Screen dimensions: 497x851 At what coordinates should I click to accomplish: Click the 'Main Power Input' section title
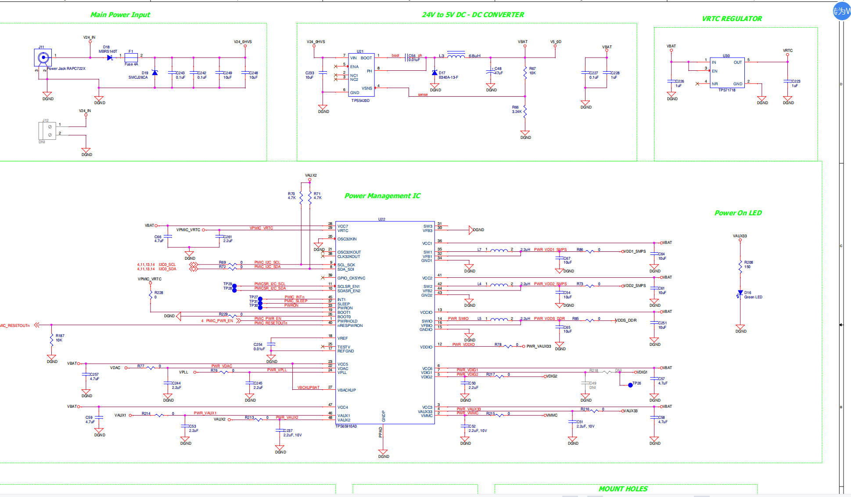(x=120, y=15)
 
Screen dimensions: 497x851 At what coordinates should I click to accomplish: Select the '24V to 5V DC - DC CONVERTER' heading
(x=473, y=15)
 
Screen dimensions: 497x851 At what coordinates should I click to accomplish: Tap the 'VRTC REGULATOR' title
(x=732, y=19)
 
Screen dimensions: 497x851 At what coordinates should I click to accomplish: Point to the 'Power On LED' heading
(x=738, y=213)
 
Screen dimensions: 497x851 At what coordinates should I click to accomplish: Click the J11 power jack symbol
(x=43, y=58)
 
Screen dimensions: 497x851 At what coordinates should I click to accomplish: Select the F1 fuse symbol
(x=131, y=58)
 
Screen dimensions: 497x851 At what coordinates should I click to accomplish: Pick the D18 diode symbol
(x=110, y=58)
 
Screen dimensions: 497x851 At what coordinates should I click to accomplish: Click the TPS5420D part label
(x=360, y=101)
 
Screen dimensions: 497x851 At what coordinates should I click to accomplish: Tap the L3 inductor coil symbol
(x=456, y=56)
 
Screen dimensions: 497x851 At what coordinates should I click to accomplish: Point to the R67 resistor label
(x=532, y=69)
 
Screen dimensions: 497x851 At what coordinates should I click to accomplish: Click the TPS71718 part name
(x=726, y=90)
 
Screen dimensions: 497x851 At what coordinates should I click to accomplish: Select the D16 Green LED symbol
(x=740, y=294)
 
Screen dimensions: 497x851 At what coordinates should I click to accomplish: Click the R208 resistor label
(x=748, y=262)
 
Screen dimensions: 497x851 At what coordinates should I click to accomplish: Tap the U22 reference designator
(x=381, y=219)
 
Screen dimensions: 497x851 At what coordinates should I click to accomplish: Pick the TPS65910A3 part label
(x=346, y=426)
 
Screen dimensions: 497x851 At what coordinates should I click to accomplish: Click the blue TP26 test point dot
(x=630, y=385)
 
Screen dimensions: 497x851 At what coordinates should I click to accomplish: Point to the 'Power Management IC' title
(x=382, y=196)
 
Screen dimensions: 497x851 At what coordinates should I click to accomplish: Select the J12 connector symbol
(x=47, y=131)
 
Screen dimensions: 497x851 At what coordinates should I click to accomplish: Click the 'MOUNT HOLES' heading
(x=623, y=489)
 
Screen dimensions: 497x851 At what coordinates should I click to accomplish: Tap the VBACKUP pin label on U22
(x=346, y=390)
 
